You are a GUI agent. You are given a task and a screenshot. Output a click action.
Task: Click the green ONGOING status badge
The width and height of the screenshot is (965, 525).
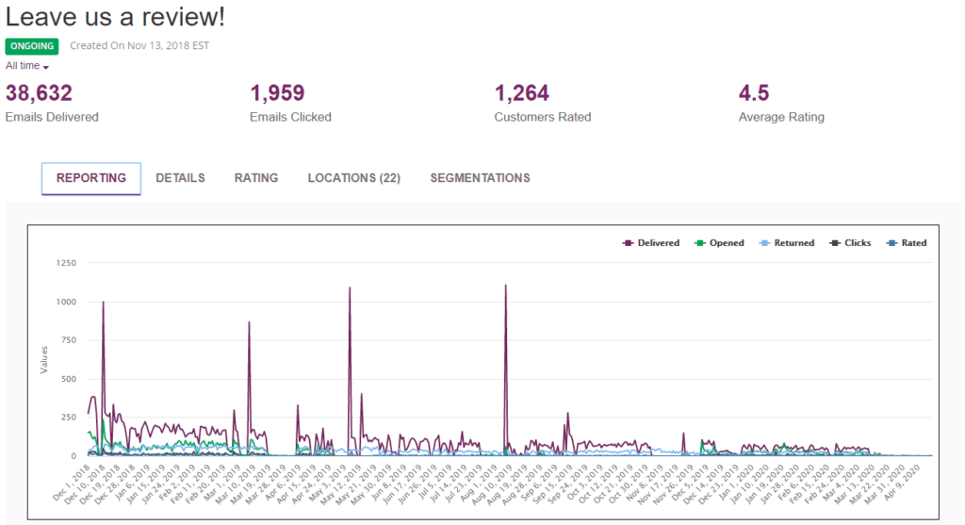click(x=32, y=46)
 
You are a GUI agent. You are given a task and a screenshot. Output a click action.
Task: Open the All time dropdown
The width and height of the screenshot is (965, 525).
click(x=27, y=66)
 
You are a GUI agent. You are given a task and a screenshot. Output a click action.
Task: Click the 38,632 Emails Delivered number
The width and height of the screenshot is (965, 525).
click(x=39, y=92)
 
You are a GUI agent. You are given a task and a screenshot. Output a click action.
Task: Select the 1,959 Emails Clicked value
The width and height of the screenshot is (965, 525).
click(x=278, y=92)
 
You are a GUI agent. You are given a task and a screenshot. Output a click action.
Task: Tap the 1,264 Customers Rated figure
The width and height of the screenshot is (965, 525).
click(x=522, y=92)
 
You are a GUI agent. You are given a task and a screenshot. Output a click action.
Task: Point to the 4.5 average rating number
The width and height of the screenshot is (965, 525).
click(x=754, y=92)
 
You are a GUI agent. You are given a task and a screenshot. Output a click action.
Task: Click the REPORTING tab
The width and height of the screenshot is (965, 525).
click(x=91, y=178)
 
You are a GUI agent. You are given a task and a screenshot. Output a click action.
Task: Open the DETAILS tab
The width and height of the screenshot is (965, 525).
click(x=180, y=178)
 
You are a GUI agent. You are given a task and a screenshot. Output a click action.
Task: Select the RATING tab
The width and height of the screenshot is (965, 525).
click(x=256, y=178)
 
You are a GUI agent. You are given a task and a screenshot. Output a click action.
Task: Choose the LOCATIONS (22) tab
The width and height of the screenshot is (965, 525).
click(x=353, y=178)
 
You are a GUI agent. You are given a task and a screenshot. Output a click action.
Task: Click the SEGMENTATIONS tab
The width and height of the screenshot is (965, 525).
click(x=480, y=178)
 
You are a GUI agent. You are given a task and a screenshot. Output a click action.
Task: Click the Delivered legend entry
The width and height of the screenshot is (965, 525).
click(x=652, y=243)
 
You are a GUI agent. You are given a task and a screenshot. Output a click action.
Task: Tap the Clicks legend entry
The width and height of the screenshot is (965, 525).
click(x=851, y=243)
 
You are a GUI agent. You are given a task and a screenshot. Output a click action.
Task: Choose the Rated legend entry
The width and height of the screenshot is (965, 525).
click(x=908, y=243)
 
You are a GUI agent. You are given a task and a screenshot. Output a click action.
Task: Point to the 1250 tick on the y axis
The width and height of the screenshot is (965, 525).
click(x=65, y=263)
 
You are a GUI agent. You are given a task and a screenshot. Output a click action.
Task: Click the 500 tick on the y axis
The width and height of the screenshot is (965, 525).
click(x=68, y=379)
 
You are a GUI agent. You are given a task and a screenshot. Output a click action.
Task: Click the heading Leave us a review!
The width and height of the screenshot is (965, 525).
click(x=115, y=18)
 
